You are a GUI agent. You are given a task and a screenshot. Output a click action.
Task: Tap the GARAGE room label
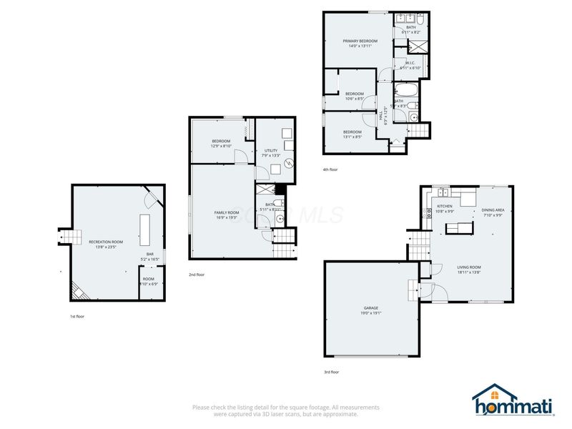click(x=370, y=308)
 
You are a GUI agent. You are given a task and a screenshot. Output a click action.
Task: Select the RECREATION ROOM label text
click(x=105, y=242)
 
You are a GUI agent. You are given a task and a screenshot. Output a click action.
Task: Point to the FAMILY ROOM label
click(x=226, y=212)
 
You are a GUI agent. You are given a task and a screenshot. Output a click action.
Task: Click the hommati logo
click(x=513, y=402)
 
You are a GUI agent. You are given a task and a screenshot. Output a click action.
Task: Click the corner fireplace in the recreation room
click(x=79, y=290)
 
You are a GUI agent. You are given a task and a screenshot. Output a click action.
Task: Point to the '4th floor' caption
click(x=330, y=169)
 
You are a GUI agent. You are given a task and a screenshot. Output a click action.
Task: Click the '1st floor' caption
click(x=77, y=316)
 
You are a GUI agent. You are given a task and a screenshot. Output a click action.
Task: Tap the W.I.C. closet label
click(x=411, y=64)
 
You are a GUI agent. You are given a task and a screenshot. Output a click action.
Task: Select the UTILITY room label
click(x=271, y=150)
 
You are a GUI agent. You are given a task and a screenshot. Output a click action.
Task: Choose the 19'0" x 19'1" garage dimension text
click(x=370, y=313)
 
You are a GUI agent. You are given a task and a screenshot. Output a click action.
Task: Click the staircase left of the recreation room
click(x=65, y=236)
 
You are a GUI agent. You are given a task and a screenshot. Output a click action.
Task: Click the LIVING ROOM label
click(x=469, y=267)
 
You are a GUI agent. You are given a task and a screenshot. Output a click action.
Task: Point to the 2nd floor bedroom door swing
click(x=242, y=156)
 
